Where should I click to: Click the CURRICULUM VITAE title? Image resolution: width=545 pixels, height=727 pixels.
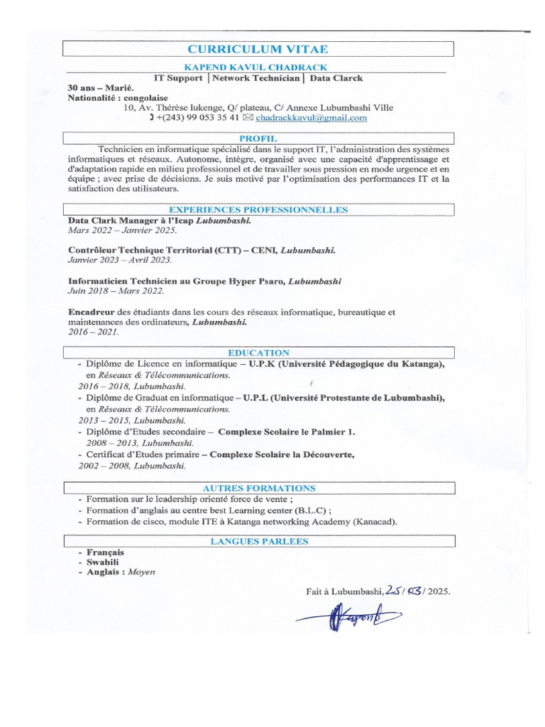(258, 49)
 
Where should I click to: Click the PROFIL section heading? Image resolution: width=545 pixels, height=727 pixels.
(258, 138)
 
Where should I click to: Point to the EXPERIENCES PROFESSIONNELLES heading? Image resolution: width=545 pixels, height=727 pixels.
(258, 210)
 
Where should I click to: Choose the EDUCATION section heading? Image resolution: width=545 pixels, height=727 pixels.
(258, 353)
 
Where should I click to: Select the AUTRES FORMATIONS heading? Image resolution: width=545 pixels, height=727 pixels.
(258, 488)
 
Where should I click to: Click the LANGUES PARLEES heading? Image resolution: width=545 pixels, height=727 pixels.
(258, 542)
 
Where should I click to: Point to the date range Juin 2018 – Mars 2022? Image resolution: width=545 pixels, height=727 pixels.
(116, 291)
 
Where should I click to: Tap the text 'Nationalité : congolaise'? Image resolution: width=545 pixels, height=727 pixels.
(117, 97)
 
